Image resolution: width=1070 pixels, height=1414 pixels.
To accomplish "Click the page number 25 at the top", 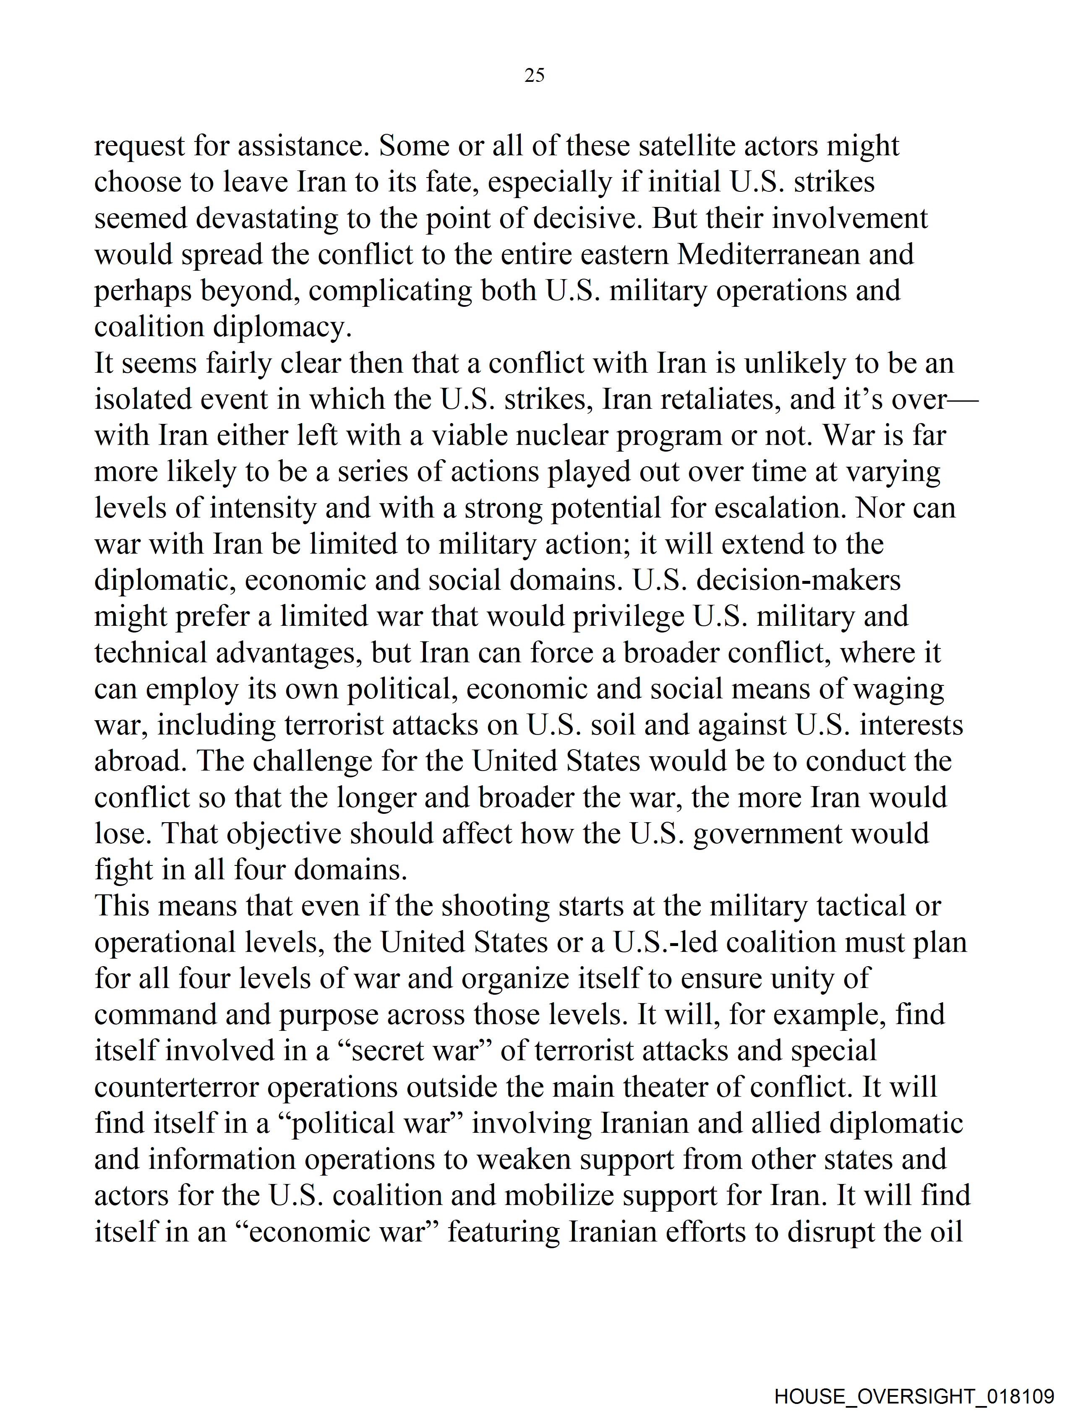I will pos(534,76).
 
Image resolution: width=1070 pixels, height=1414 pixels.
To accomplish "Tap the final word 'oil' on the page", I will pos(946,1232).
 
